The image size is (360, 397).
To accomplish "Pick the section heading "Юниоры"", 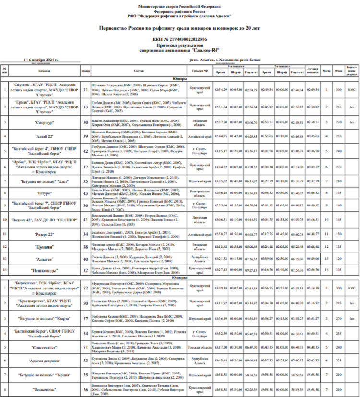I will click(x=179, y=78).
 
